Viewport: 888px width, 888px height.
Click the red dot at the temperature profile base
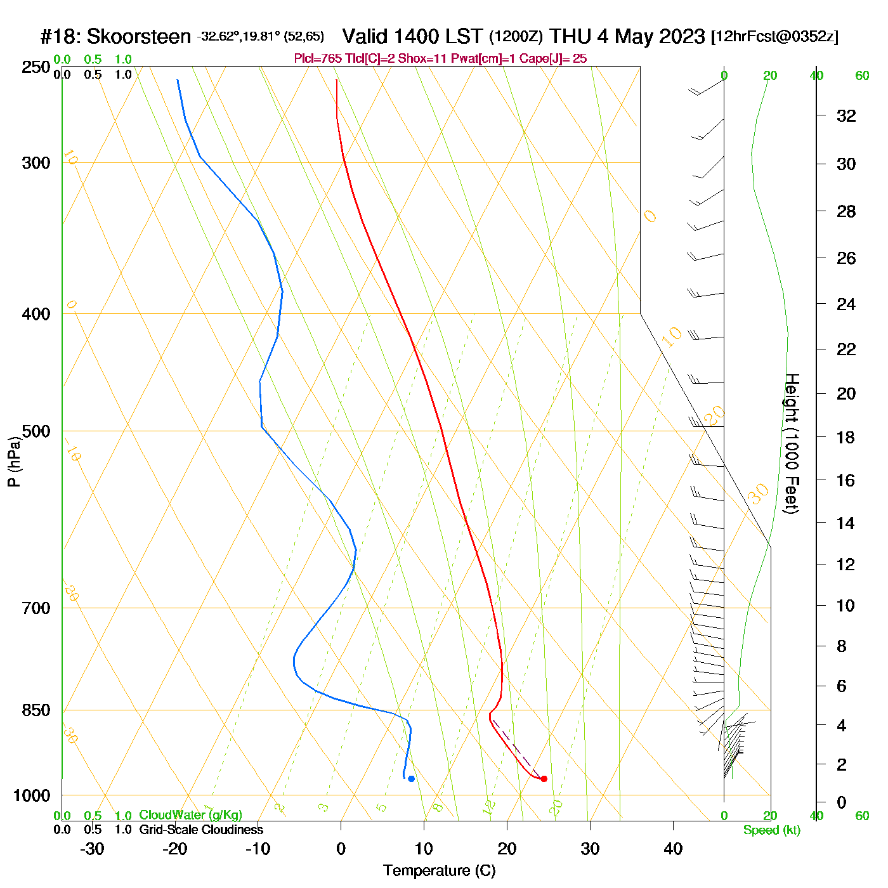pyautogui.click(x=544, y=778)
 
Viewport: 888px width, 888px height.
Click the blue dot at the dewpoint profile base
pyautogui.click(x=411, y=778)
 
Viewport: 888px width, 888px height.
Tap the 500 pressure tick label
pyautogui.click(x=36, y=431)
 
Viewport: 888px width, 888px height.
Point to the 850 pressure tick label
pyautogui.click(x=36, y=710)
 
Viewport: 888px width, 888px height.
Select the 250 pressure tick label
pyautogui.click(x=36, y=67)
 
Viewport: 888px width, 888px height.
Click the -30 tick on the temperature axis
pyautogui.click(x=92, y=849)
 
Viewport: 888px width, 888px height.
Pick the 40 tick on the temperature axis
pyautogui.click(x=673, y=849)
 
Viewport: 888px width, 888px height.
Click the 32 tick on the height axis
pyautogui.click(x=846, y=115)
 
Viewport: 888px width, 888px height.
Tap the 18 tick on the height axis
pyautogui.click(x=846, y=437)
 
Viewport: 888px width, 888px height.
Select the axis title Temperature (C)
pyautogui.click(x=439, y=870)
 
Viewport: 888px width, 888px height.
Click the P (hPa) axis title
pyautogui.click(x=14, y=461)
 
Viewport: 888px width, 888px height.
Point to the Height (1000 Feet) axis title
pyautogui.click(x=792, y=443)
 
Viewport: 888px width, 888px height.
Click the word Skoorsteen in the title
pyautogui.click(x=138, y=36)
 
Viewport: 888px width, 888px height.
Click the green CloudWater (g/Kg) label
pyautogui.click(x=190, y=815)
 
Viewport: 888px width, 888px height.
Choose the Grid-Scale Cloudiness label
pyautogui.click(x=201, y=830)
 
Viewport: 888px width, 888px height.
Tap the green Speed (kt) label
pyautogui.click(x=771, y=830)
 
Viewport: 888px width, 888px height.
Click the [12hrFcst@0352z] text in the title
pyautogui.click(x=774, y=37)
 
